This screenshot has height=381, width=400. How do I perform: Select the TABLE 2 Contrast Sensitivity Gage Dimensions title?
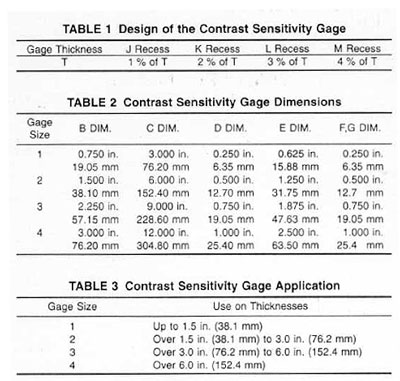(x=199, y=103)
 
